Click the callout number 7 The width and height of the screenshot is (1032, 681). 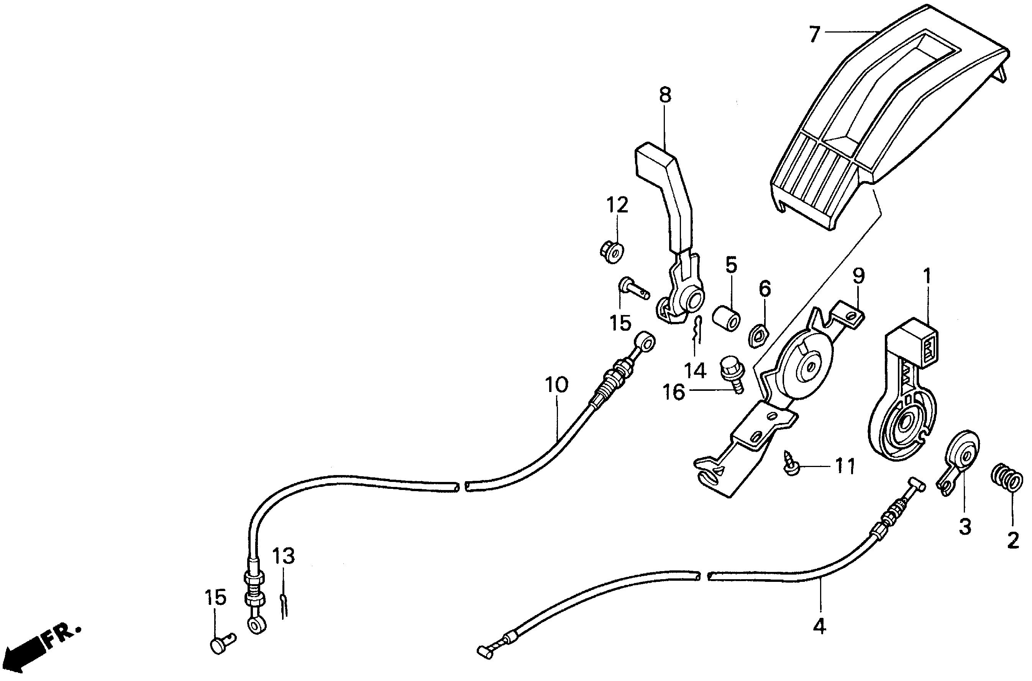(814, 33)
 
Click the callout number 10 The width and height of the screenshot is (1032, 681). (556, 385)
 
